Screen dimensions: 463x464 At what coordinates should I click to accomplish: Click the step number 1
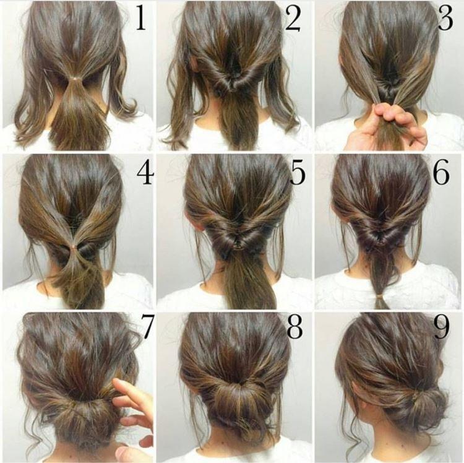(x=141, y=19)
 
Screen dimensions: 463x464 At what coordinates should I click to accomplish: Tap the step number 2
(x=292, y=19)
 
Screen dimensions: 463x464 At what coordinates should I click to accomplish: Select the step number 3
(x=445, y=19)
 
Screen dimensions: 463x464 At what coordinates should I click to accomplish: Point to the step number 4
(x=144, y=176)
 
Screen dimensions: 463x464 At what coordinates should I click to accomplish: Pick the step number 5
(x=297, y=175)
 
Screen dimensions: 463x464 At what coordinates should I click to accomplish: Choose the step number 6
(x=441, y=175)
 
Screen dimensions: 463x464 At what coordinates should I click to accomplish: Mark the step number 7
(x=147, y=329)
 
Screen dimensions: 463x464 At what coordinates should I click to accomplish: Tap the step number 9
(x=441, y=329)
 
